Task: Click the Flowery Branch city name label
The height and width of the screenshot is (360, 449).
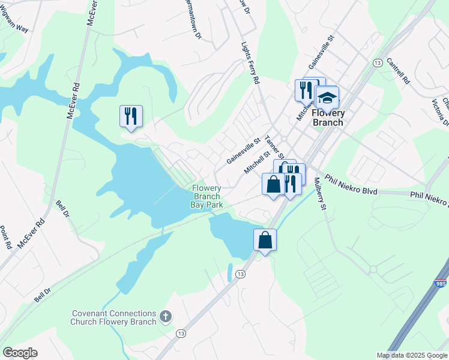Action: [328, 118]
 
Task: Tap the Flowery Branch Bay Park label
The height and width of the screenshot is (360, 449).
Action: [207, 196]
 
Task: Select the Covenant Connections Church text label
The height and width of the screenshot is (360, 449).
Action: [113, 317]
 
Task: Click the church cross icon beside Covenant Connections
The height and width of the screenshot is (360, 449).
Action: [166, 315]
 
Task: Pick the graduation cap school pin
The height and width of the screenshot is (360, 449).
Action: [327, 98]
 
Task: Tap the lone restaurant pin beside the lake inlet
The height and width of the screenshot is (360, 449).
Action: [131, 116]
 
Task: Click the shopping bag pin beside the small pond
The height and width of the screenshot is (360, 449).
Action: [265, 241]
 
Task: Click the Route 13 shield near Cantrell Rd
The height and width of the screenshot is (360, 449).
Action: [378, 63]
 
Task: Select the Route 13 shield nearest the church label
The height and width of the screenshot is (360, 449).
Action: [180, 332]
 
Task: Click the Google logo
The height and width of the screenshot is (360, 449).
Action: [20, 353]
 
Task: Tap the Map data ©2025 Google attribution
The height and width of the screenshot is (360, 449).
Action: [411, 355]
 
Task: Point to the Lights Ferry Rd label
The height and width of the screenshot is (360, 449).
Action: [250, 63]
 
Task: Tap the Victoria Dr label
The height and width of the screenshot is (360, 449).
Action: [445, 113]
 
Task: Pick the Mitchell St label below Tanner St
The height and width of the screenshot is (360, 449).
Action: [256, 162]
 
